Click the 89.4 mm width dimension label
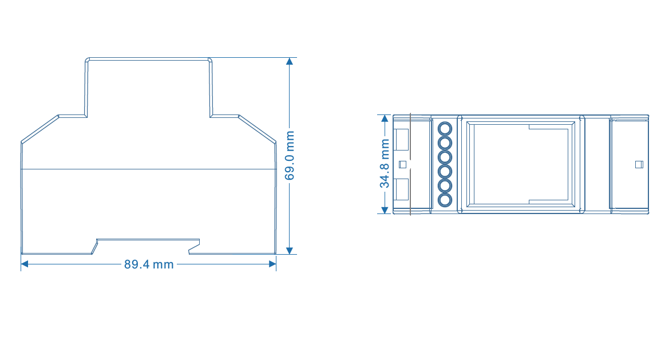pyautogui.click(x=149, y=264)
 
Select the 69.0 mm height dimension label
pyautogui.click(x=290, y=155)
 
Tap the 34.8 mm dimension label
pyautogui.click(x=385, y=164)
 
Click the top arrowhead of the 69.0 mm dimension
pyautogui.click(x=289, y=61)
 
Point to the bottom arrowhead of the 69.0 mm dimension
pyautogui.click(x=289, y=251)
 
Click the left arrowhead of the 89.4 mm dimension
pyautogui.click(x=25, y=264)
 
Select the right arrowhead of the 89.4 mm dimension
pyautogui.click(x=272, y=264)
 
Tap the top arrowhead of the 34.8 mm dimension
pyautogui.click(x=385, y=118)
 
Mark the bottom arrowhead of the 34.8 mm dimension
pyautogui.click(x=385, y=210)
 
